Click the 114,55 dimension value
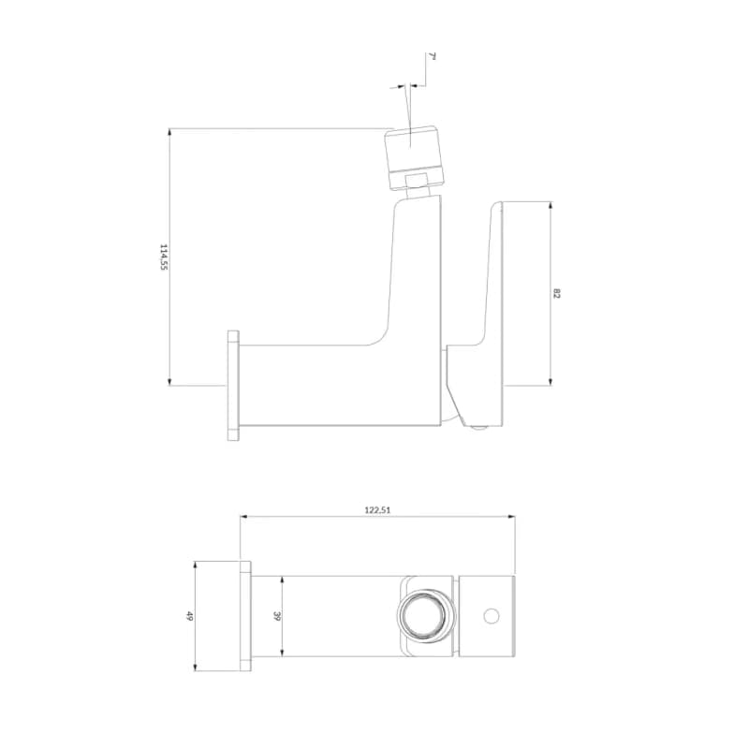coord(163,257)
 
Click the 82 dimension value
coord(555,293)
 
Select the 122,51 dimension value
coord(377,510)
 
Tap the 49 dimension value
coord(189,616)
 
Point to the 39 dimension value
coord(276,616)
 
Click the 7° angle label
coord(433,57)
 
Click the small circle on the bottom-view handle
coord(491,616)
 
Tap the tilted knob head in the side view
coord(415,156)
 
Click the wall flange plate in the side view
coord(233,385)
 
